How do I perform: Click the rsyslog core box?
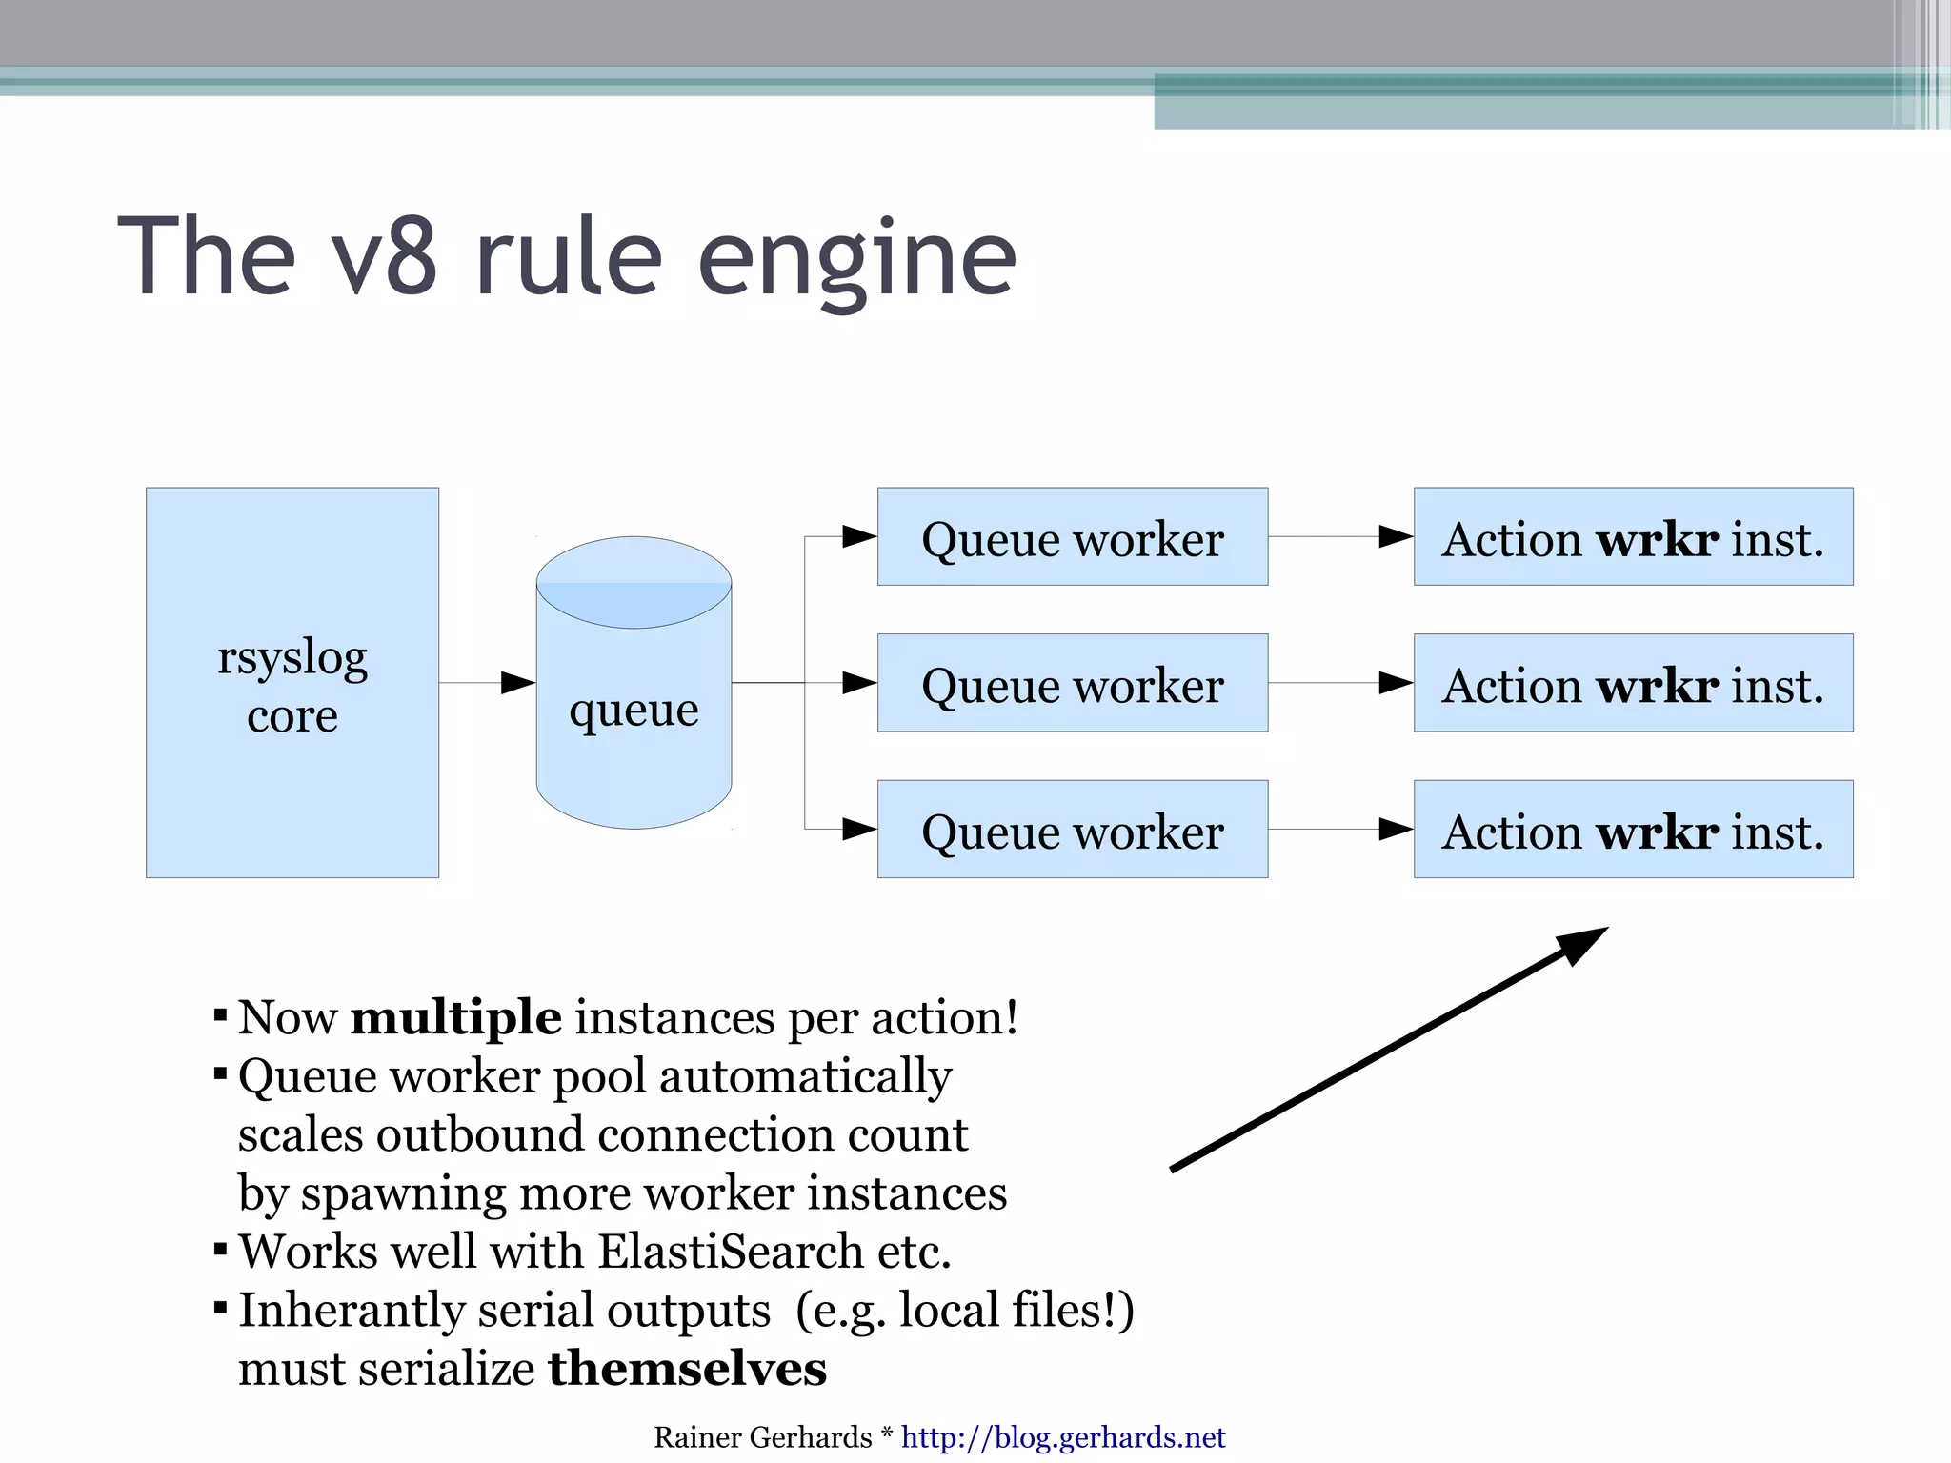pyautogui.click(x=292, y=683)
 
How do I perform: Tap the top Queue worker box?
pyautogui.click(x=1072, y=537)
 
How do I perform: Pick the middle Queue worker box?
pyautogui.click(x=1072, y=684)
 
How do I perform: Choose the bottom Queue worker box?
pyautogui.click(x=1072, y=830)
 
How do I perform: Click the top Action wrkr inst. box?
pyautogui.click(x=1633, y=537)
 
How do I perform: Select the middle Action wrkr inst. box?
pyautogui.click(x=1633, y=684)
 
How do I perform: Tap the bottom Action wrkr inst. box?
pyautogui.click(x=1633, y=830)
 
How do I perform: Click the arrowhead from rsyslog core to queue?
pyautogui.click(x=518, y=683)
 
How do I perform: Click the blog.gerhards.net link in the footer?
pyautogui.click(x=1062, y=1437)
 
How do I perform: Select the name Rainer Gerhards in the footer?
pyautogui.click(x=762, y=1437)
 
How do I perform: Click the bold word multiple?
pyautogui.click(x=455, y=1017)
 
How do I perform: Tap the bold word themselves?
pyautogui.click(x=687, y=1369)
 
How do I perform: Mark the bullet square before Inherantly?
pyautogui.click(x=220, y=1307)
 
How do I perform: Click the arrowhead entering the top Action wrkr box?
pyautogui.click(x=1396, y=537)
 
